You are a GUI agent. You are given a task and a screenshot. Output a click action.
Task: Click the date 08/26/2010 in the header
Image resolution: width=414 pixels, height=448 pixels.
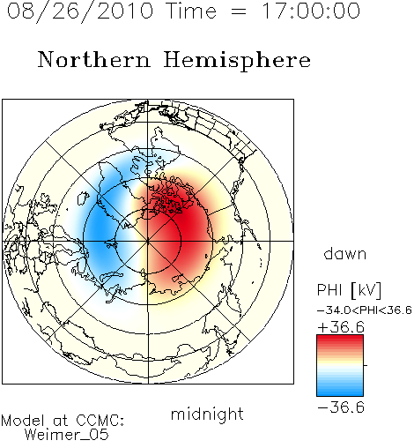80,11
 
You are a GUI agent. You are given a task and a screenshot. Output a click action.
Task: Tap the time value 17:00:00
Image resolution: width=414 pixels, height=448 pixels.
311,11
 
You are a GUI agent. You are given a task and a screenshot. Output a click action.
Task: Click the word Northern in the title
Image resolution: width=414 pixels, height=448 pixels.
94,59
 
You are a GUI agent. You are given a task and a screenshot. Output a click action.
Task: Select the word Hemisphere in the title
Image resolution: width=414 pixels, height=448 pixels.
237,61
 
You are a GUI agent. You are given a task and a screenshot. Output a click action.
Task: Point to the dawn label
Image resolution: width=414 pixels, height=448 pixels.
345,253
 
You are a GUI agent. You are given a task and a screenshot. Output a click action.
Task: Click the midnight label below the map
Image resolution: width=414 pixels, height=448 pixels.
207,414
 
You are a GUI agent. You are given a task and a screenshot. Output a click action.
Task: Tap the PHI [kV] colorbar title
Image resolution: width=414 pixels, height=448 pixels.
349,290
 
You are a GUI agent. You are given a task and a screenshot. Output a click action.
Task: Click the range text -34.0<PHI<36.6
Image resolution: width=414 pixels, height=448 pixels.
365,310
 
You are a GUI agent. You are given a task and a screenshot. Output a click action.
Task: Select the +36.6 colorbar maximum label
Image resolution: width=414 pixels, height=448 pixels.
341,327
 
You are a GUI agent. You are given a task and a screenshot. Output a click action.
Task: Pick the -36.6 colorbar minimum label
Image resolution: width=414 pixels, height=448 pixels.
341,407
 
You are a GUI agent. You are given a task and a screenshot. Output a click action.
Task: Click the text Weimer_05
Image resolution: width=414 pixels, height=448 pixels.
67,435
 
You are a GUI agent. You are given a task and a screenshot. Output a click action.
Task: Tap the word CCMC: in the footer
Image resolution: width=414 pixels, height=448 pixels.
100,421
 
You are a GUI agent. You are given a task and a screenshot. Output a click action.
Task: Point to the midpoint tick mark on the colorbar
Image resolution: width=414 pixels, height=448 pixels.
366,365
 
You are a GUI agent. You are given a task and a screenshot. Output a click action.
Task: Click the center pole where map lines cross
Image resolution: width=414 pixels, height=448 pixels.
148,241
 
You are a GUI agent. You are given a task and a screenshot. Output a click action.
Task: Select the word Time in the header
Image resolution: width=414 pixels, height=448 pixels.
191,11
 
